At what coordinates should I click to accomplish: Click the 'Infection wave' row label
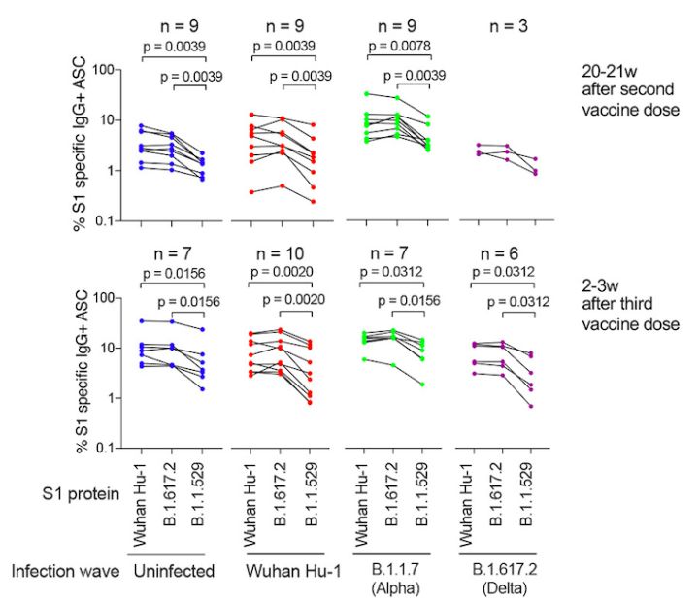pos(65,572)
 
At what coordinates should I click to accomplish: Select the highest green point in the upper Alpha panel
pos(367,94)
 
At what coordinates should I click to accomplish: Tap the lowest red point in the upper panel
pos(313,201)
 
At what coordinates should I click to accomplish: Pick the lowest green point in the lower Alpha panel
pos(425,385)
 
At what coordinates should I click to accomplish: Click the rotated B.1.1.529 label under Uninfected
pos(203,491)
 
